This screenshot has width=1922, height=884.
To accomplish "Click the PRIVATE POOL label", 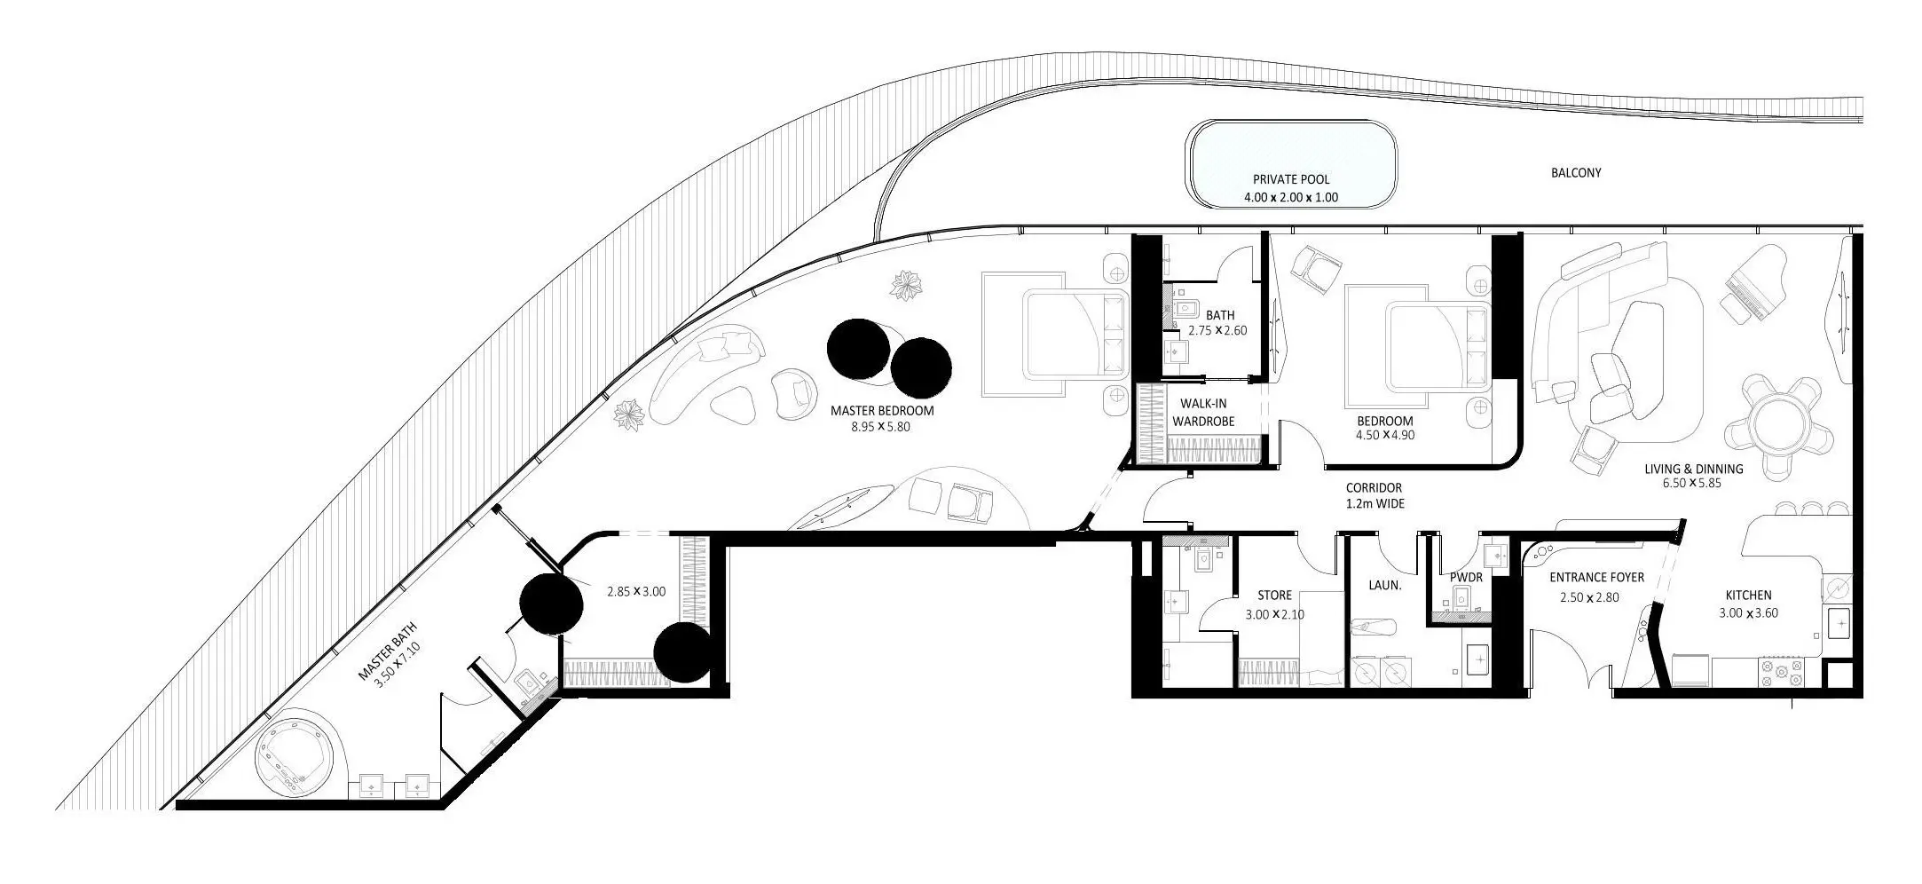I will click(1291, 180).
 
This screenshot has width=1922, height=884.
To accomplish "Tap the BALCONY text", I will click(1576, 173).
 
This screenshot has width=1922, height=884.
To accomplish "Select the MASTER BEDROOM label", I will click(882, 411).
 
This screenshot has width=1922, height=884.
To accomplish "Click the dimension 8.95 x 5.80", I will click(880, 427).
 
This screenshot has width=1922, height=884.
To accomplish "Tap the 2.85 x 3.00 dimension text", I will click(635, 591).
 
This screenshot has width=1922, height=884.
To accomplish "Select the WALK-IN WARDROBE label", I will click(1203, 413).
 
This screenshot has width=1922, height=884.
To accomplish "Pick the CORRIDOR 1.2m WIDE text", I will click(1374, 495).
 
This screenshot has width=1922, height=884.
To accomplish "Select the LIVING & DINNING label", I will click(1693, 476).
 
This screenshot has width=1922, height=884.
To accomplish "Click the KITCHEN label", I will click(1748, 596).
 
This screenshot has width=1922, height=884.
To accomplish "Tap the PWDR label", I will click(1465, 578).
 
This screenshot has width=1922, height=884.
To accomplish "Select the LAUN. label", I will click(1384, 586).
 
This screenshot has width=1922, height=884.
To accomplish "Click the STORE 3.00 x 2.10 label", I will click(1274, 604).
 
